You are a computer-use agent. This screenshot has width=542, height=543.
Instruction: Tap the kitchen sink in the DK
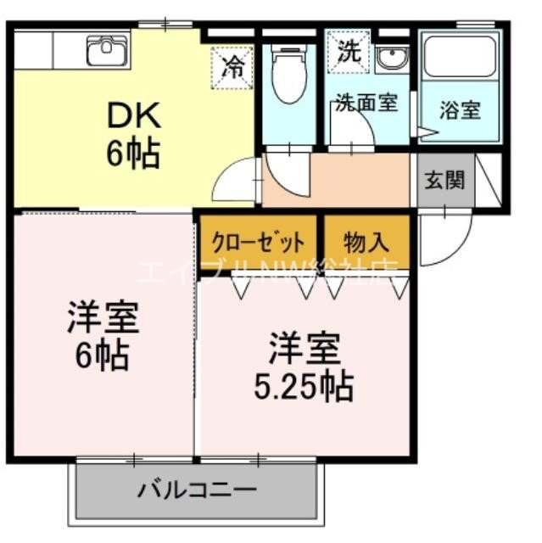coord(106,50)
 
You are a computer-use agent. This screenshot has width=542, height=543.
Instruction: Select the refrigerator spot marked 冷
coord(232,67)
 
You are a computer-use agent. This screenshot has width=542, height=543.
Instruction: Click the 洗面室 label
coord(366,103)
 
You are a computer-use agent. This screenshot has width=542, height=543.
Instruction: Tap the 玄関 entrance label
coord(444,180)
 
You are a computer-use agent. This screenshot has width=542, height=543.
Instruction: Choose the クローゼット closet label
coord(259,243)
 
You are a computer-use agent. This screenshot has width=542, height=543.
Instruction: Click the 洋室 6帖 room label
coord(103,336)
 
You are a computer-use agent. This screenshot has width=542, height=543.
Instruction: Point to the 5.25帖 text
coord(304,387)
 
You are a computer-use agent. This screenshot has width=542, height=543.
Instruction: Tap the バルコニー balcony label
coord(198,490)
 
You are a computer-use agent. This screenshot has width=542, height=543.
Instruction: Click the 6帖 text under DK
coord(133,154)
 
